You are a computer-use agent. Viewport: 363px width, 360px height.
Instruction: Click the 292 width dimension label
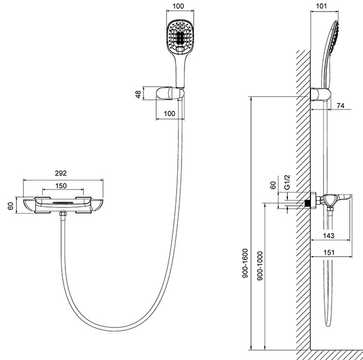tap(60, 173)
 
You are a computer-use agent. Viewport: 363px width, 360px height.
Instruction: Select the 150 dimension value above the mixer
tap(61, 186)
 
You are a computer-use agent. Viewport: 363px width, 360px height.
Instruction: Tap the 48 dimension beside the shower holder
tap(138, 94)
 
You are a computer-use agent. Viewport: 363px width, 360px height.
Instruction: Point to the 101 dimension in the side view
tap(321, 6)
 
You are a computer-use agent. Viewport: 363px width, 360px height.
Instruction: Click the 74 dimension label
tap(341, 105)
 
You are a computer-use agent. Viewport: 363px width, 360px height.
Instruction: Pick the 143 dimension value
tap(329, 236)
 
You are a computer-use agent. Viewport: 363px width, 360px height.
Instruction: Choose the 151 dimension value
tap(329, 252)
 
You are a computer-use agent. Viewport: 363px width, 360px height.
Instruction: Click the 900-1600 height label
tap(245, 263)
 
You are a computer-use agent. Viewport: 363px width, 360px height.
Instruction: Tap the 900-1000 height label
tap(260, 266)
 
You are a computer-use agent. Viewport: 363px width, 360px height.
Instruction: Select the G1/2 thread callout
tap(287, 183)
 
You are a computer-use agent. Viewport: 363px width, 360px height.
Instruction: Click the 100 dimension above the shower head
tap(178, 6)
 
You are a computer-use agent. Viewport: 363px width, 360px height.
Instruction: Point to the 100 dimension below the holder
tap(169, 114)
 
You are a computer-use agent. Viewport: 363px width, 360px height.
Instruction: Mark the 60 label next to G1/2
tap(273, 185)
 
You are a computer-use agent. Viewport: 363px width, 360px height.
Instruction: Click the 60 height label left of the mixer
tap(11, 206)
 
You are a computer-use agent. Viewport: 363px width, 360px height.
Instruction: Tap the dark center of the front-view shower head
tap(180, 39)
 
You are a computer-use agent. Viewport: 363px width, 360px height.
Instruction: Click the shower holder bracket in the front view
tap(170, 94)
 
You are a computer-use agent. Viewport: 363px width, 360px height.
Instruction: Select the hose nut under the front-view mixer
tap(62, 214)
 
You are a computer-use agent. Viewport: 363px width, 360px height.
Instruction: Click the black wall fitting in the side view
tap(307, 203)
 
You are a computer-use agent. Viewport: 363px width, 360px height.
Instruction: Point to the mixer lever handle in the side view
tap(345, 198)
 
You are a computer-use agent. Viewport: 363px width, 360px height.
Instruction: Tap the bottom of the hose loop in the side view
tap(328, 324)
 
